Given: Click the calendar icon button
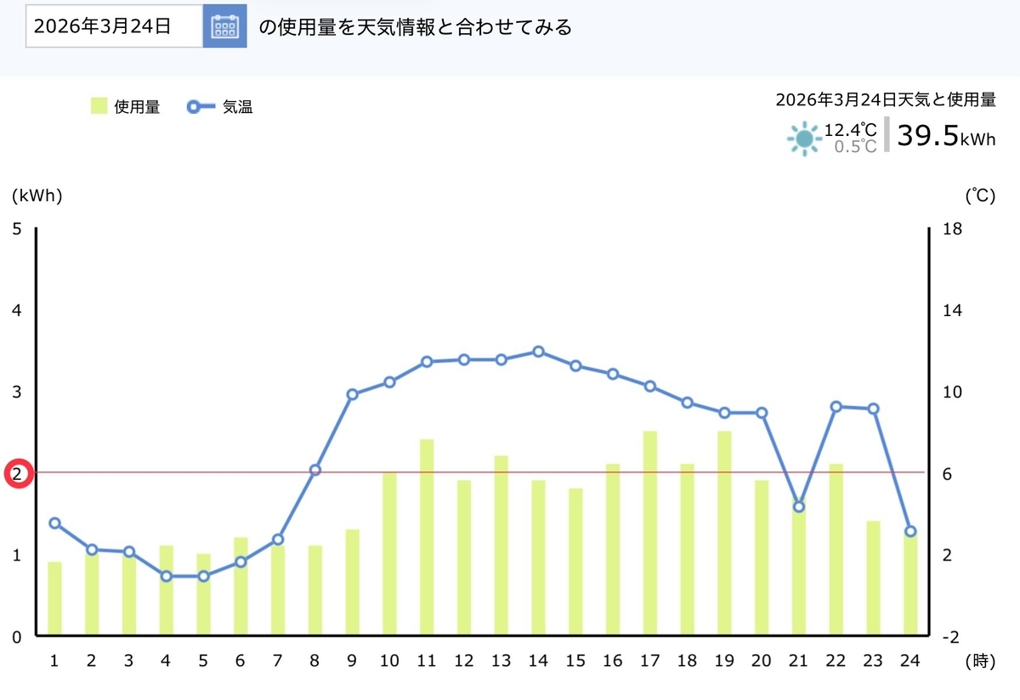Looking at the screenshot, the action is pos(225,26).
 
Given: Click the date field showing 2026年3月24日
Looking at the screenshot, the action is pos(114,26).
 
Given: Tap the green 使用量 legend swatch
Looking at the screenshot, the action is pos(99,106).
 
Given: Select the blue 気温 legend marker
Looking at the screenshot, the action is pos(201,107).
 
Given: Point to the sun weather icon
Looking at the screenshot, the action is pos(804,138).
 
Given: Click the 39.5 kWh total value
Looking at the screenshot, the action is pos(946,136).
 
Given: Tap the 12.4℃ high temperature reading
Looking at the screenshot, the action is pos(850,130).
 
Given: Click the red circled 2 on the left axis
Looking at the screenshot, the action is pos(19,474).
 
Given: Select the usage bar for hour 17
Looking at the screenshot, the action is pos(650,533).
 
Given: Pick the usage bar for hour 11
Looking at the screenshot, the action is pos(427,537).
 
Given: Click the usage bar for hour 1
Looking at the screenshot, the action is pos(54,598).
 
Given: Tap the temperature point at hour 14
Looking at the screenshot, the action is pos(538,352).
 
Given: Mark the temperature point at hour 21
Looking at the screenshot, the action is pos(799,506).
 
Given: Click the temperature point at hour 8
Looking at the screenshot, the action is pos(315,470).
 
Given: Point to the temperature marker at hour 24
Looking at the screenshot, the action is pos(910,531).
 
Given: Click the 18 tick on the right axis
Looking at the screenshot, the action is pos(952,229).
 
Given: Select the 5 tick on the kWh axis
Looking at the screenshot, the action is pos(17,229).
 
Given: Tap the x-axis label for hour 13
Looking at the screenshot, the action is pos(501,660).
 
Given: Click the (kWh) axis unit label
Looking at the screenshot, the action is pos(37,195).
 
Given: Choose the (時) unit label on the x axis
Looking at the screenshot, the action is pos(980,661).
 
